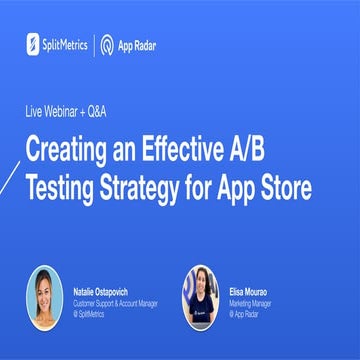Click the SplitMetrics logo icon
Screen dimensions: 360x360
pyautogui.click(x=34, y=44)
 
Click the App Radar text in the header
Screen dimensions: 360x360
pyautogui.click(x=137, y=44)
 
